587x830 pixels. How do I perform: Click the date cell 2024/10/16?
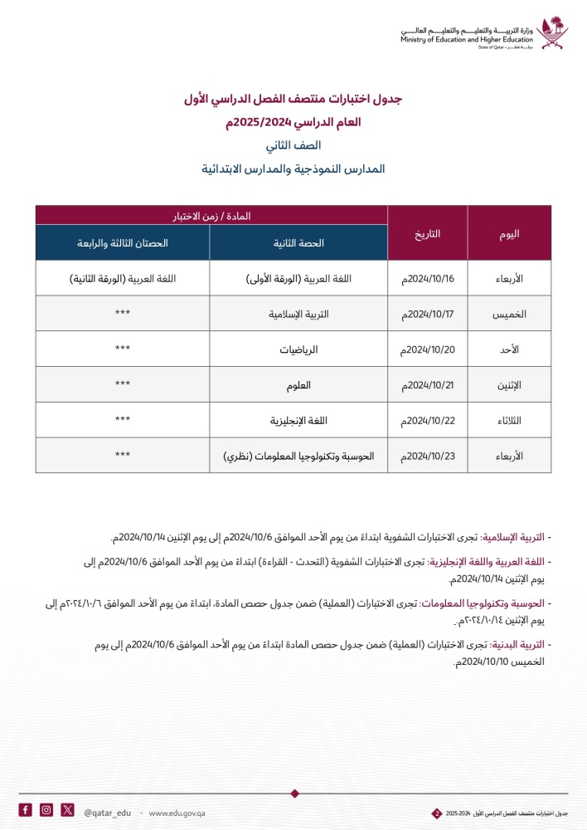(x=427, y=279)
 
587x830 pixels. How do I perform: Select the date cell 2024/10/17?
(x=427, y=315)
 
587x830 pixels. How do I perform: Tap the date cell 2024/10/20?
(x=427, y=350)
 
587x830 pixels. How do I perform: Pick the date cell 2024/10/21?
(x=427, y=385)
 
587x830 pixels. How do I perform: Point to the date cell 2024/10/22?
(x=427, y=421)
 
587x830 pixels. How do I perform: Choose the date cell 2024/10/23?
(x=427, y=456)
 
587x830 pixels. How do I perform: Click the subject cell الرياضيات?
(x=298, y=350)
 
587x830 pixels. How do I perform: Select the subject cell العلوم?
(x=298, y=385)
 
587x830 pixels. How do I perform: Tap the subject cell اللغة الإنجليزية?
(x=298, y=421)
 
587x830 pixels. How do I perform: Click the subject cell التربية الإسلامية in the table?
(x=298, y=315)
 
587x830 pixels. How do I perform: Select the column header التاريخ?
(x=427, y=233)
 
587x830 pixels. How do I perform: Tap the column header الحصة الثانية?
(x=298, y=243)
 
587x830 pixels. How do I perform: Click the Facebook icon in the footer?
(x=26, y=810)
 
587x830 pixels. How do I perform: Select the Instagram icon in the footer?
(x=46, y=810)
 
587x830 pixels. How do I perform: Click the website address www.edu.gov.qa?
(x=177, y=811)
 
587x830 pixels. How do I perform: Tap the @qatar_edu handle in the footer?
(x=108, y=811)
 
